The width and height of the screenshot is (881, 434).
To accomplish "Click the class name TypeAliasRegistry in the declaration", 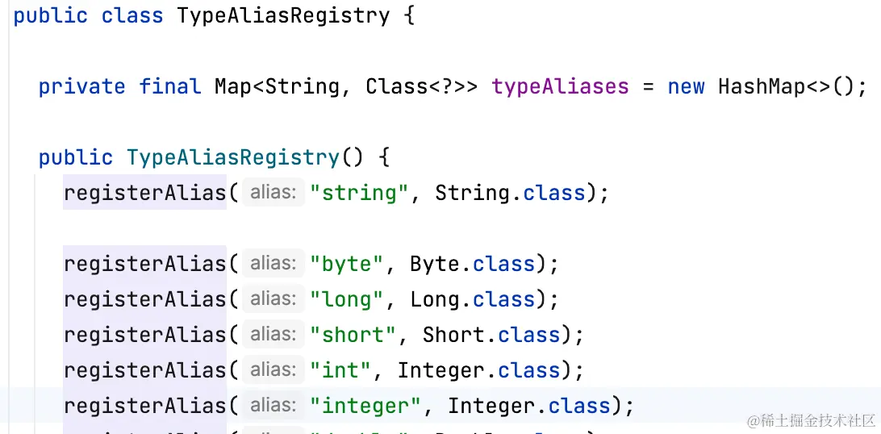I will (x=283, y=15).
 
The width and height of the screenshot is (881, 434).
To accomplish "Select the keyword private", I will (x=81, y=86).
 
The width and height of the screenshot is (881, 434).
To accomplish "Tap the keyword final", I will (x=169, y=86).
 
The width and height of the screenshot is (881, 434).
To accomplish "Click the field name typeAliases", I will (x=560, y=86).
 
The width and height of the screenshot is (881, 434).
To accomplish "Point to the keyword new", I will (x=686, y=86).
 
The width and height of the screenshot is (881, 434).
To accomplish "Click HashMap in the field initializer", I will (x=762, y=86).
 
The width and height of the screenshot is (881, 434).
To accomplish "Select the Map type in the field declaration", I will (x=233, y=86).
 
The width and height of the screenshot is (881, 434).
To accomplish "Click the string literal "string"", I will (x=359, y=193).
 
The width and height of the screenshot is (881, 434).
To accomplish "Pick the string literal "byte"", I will (x=347, y=264).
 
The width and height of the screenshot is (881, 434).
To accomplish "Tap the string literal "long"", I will (x=347, y=299).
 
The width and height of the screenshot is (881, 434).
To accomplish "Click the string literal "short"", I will (x=353, y=335).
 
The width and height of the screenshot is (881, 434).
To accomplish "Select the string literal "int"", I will (x=340, y=370).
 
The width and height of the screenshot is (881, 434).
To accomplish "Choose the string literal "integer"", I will (x=365, y=406).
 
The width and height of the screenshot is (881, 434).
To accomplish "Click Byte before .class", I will (x=434, y=264).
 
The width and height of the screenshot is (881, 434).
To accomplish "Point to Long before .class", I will (x=434, y=299).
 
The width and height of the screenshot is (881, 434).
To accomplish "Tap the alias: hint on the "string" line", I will (x=273, y=193).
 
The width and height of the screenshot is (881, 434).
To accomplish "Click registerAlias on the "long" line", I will (x=144, y=299).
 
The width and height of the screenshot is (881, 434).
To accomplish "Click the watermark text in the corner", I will (x=812, y=421).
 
